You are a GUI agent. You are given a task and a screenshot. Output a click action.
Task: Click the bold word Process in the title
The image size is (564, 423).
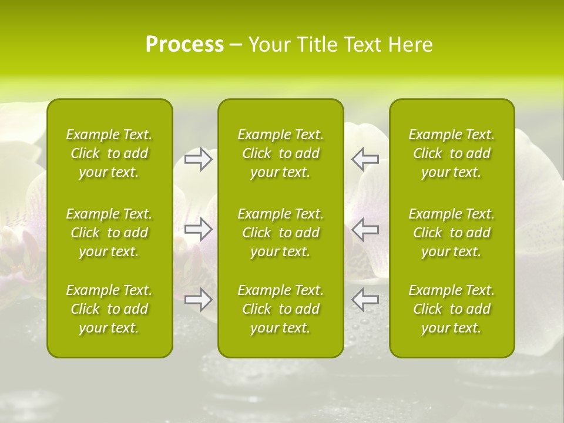pos(184,45)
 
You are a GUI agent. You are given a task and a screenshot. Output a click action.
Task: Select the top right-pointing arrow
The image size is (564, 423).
pos(199,159)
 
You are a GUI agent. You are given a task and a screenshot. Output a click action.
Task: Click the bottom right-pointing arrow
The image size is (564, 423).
pos(199,300)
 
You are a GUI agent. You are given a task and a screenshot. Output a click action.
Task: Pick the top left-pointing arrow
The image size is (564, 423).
pos(365,159)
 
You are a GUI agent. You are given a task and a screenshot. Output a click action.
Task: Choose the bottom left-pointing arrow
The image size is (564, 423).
pos(365,300)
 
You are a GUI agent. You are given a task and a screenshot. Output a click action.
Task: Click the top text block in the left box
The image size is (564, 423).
pos(109,153)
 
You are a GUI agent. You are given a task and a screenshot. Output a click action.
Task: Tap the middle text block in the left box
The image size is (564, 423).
pos(109,233)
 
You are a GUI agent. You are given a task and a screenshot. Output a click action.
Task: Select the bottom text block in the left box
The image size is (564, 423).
pos(109,309)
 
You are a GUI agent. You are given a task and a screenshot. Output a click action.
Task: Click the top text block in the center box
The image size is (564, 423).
pos(281,153)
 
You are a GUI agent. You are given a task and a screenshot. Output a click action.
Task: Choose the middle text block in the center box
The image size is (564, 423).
pos(281,233)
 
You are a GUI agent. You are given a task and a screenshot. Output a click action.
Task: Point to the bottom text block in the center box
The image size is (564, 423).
pos(281,309)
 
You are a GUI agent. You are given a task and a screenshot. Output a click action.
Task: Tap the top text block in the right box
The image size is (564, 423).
pos(452,153)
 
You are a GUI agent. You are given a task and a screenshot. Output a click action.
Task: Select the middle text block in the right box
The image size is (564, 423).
pos(452,233)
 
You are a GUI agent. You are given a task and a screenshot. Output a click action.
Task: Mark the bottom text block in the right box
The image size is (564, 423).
pos(452,309)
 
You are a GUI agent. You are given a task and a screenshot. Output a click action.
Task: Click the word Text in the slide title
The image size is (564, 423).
pos(364,45)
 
